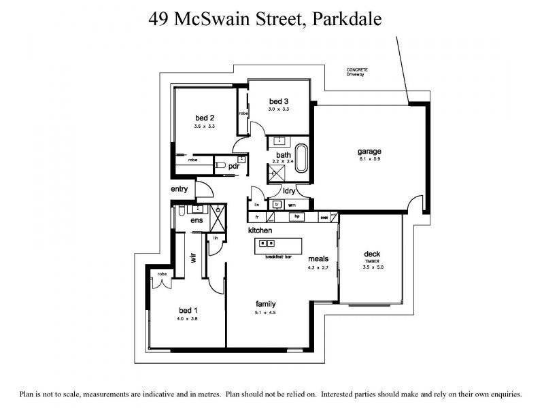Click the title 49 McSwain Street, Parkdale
pyautogui.click(x=265, y=18)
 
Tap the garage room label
pyautogui.click(x=369, y=151)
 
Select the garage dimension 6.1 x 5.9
pyautogui.click(x=369, y=159)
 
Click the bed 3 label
pyautogui.click(x=279, y=101)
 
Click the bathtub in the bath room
pyautogui.click(x=301, y=157)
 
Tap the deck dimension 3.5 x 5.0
pyautogui.click(x=371, y=267)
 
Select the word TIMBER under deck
pyautogui.click(x=371, y=261)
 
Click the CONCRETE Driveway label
pyautogui.click(x=356, y=72)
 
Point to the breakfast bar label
pyautogui.click(x=278, y=257)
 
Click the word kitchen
pyautogui.click(x=260, y=231)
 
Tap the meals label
pyautogui.click(x=318, y=258)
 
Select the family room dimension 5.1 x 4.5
pyautogui.click(x=265, y=313)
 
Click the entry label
pyautogui.click(x=180, y=189)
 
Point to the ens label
pyautogui.click(x=197, y=220)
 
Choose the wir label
pyautogui.click(x=193, y=258)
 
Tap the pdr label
pyautogui.click(x=233, y=166)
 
